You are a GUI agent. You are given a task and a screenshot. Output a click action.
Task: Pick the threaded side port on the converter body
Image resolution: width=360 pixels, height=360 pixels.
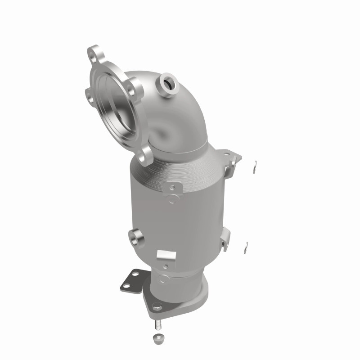(135, 236)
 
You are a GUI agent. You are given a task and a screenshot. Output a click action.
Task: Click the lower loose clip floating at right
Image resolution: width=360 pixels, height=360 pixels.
(247, 245)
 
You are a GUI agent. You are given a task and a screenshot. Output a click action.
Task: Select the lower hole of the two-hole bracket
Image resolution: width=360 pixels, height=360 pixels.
(126, 283)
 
